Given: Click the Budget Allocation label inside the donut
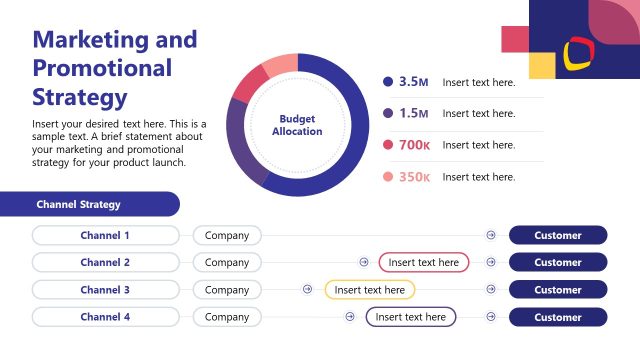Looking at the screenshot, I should tap(297, 125).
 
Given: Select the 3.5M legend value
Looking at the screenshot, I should tap(413, 82).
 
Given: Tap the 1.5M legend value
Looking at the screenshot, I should tap(413, 113).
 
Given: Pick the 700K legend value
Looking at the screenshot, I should tap(414, 145).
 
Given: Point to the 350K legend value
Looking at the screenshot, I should tap(414, 177).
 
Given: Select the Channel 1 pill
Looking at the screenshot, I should tap(105, 236).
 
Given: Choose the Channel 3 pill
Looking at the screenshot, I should tap(105, 290).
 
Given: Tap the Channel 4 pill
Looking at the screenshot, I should tap(105, 317).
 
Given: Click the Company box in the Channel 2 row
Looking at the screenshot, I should tap(227, 263).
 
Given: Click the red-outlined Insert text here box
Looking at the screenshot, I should tap(423, 263).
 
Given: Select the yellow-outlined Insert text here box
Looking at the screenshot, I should tap(369, 290).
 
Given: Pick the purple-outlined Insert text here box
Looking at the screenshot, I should tap(410, 317).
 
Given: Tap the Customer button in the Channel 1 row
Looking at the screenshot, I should tap(557, 236).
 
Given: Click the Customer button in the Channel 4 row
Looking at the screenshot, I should tap(557, 317).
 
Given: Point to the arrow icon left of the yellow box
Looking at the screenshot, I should tap(307, 290).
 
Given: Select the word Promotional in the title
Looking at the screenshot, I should tap(102, 68).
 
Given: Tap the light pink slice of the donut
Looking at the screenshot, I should tap(280, 65).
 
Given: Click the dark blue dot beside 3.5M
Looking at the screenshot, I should tap(388, 82).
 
